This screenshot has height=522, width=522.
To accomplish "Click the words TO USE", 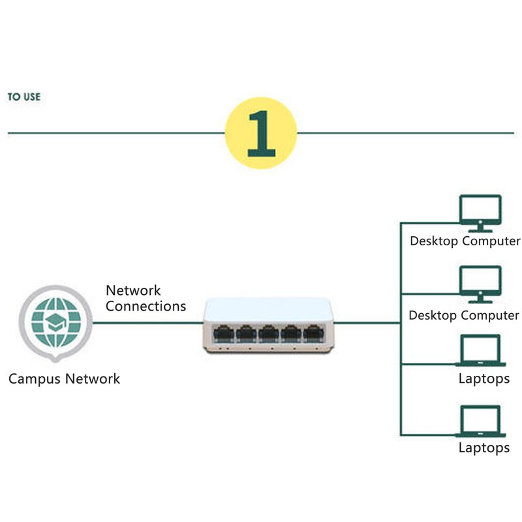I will (x=24, y=97).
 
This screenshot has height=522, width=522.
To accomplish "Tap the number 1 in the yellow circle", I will (x=261, y=133).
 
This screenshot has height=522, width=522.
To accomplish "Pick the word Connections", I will (x=146, y=306).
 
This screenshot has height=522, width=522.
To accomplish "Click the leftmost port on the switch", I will (x=224, y=333).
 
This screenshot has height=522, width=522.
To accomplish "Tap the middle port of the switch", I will (x=268, y=333).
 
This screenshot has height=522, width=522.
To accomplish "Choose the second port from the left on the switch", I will (x=246, y=333).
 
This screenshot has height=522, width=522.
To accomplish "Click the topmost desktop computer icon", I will (x=480, y=213).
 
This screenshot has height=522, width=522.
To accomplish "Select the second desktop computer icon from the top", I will (x=480, y=284).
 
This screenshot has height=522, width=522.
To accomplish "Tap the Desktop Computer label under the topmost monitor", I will (x=465, y=241).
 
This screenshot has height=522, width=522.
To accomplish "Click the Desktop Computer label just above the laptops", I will (x=464, y=316).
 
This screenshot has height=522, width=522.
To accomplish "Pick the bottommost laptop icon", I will (x=480, y=422).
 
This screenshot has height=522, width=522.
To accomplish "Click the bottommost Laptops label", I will (x=484, y=448).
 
